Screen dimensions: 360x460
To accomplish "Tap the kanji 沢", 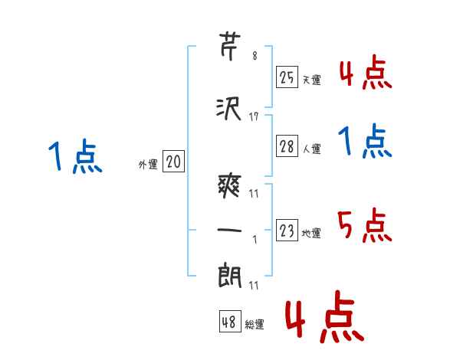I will [x=231, y=109].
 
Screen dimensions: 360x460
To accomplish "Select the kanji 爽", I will [x=231, y=184].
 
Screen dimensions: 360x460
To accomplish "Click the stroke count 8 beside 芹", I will [x=255, y=57].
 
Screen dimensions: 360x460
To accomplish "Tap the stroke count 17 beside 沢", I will [x=255, y=117].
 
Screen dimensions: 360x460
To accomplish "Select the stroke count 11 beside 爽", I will [x=255, y=192].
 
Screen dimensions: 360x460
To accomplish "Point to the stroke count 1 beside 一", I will [x=255, y=239].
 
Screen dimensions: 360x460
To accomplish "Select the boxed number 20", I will [x=174, y=162].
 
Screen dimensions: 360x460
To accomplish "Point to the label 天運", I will [x=312, y=80].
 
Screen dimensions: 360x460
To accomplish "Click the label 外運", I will [x=148, y=165].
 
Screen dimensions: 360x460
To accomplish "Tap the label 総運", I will [x=255, y=325].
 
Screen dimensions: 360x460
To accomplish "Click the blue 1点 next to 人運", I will [x=364, y=142].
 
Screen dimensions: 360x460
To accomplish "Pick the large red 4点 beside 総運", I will [x=324, y=319].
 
